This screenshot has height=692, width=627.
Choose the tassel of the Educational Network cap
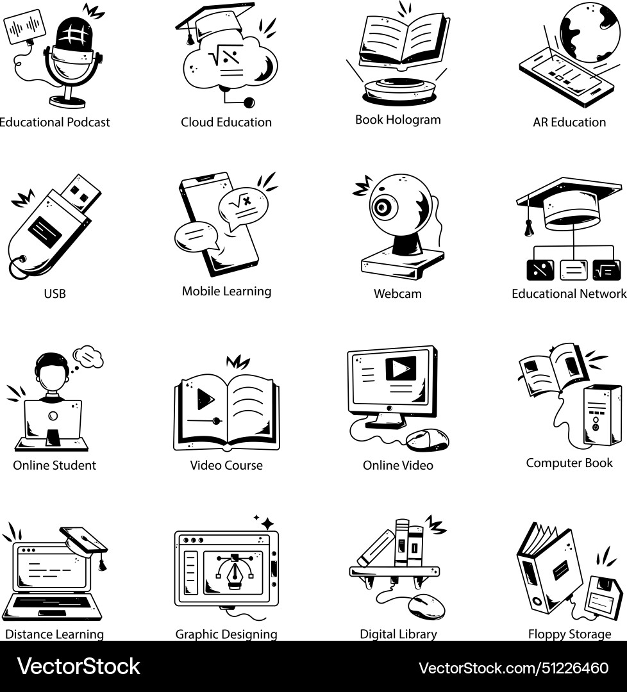click(529, 226)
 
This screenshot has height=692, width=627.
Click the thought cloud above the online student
click(88, 356)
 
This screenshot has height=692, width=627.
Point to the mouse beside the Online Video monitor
click(428, 439)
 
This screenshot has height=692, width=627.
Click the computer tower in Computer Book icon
click(602, 415)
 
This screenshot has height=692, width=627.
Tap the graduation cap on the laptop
click(83, 540)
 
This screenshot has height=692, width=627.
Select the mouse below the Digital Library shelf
click(426, 605)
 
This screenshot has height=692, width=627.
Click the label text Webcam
click(397, 294)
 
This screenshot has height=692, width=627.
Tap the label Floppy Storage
click(569, 634)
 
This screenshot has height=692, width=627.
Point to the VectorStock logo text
click(78, 666)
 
